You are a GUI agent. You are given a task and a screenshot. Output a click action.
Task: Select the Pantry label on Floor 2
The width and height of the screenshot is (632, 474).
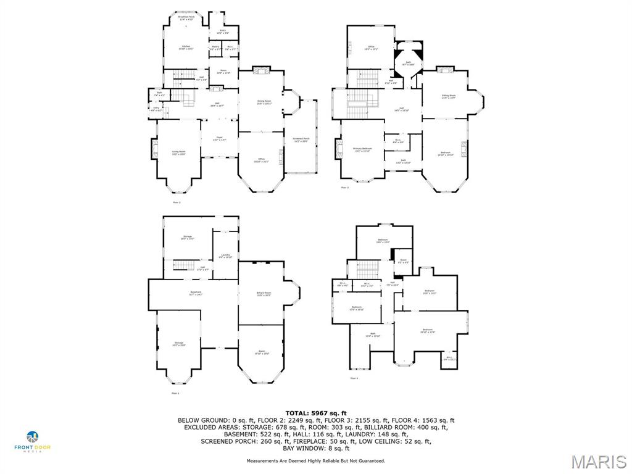pyautogui.click(x=215, y=48)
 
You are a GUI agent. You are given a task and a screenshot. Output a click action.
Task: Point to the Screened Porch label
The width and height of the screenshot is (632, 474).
pyautogui.click(x=302, y=140)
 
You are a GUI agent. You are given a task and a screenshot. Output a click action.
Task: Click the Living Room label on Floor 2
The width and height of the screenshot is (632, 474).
pyautogui.click(x=178, y=152)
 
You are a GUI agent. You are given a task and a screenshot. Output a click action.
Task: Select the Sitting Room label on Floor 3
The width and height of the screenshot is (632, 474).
pyautogui.click(x=448, y=96)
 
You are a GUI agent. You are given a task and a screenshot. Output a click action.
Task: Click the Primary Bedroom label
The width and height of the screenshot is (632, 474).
pyautogui.click(x=362, y=150)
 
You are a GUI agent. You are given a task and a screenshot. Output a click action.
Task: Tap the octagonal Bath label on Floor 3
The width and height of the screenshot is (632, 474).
pyautogui.click(x=408, y=63)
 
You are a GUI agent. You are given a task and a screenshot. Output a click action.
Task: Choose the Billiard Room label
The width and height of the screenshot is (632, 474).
pyautogui.click(x=264, y=294)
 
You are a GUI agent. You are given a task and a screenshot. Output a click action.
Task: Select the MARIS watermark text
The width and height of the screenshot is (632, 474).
pyautogui.click(x=598, y=462)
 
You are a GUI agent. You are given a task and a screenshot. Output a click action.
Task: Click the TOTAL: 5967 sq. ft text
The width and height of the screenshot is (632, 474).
pyautogui.click(x=316, y=413)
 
